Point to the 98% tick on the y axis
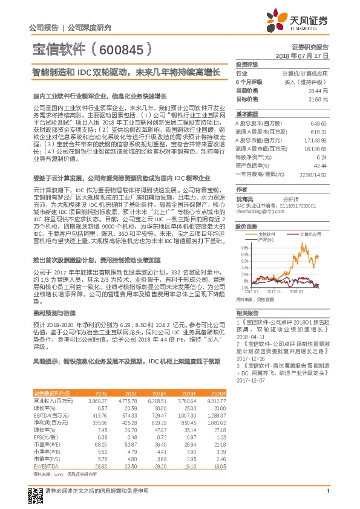pyautogui.click(x=244, y=247)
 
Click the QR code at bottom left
pyautogui.click(x=36, y=490)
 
